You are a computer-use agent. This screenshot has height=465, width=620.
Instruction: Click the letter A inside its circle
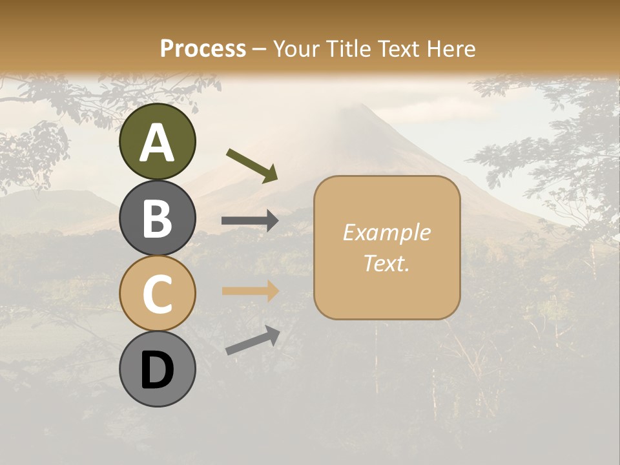(x=157, y=143)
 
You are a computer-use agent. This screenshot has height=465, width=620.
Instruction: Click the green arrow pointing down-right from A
(x=252, y=165)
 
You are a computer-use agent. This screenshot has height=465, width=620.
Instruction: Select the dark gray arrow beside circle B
(x=250, y=221)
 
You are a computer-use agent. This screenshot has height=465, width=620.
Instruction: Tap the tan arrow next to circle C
(x=250, y=291)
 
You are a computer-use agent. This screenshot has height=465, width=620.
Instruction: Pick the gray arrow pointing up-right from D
(x=253, y=340)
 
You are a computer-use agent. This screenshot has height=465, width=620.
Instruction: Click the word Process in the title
(x=203, y=48)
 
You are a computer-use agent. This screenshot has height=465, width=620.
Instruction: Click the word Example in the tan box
(x=386, y=232)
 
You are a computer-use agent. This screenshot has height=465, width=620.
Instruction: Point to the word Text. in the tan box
(x=386, y=263)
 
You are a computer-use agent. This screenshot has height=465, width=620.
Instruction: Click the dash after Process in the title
(x=260, y=49)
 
